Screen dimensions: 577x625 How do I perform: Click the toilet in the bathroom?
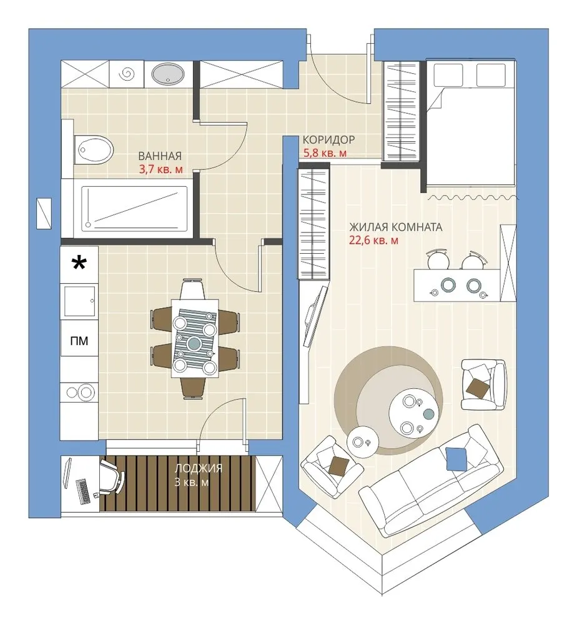[x=94, y=149]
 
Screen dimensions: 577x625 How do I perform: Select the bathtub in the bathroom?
[x=135, y=209]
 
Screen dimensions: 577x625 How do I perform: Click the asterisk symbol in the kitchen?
[x=79, y=264]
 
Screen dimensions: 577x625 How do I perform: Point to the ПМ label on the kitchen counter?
[x=79, y=341]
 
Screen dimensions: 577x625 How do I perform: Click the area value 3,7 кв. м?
[x=161, y=169]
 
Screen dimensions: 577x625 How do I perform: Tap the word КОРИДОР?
[x=328, y=140]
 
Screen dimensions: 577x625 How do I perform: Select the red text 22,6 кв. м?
[x=373, y=241]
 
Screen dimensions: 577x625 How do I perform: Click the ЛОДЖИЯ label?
[x=199, y=468]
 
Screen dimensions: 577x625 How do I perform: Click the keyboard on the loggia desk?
[x=82, y=491]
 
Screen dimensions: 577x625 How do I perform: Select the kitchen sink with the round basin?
[x=79, y=392]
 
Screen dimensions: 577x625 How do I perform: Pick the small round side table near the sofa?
[x=362, y=442]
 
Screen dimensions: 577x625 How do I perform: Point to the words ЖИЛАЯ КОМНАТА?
[x=395, y=227]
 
